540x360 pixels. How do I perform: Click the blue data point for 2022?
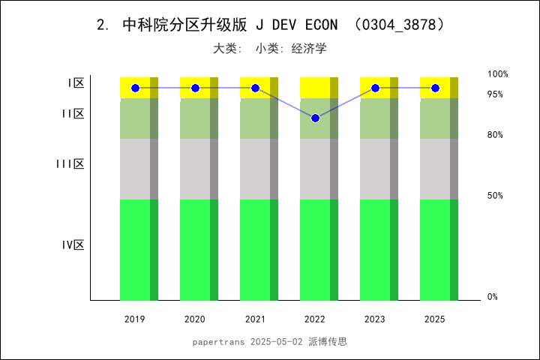[315, 118]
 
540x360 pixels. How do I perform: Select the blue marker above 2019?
[135, 88]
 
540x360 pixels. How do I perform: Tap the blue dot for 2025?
[435, 88]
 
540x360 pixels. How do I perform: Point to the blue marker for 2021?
[255, 88]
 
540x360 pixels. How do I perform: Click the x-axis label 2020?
[195, 319]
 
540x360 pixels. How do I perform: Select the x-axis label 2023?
[375, 319]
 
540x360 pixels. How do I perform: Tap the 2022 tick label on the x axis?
[315, 319]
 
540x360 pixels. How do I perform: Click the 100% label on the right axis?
[498, 74]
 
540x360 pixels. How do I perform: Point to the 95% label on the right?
[495, 94]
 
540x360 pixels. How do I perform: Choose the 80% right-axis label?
[495, 135]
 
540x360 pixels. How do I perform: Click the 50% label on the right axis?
[495, 196]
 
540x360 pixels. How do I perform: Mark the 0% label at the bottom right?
[493, 297]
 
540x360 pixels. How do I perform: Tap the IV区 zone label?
[73, 244]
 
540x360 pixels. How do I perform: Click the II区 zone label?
[73, 113]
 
